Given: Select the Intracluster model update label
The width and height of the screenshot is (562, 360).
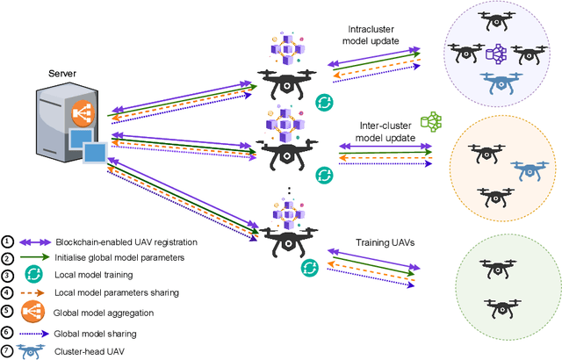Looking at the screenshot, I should coord(368,34).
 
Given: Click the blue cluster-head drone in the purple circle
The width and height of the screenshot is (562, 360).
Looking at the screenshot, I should coord(498,84).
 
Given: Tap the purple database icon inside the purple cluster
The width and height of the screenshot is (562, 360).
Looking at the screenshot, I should coord(498,54).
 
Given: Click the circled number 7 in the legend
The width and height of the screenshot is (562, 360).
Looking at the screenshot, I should coord(8,350).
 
